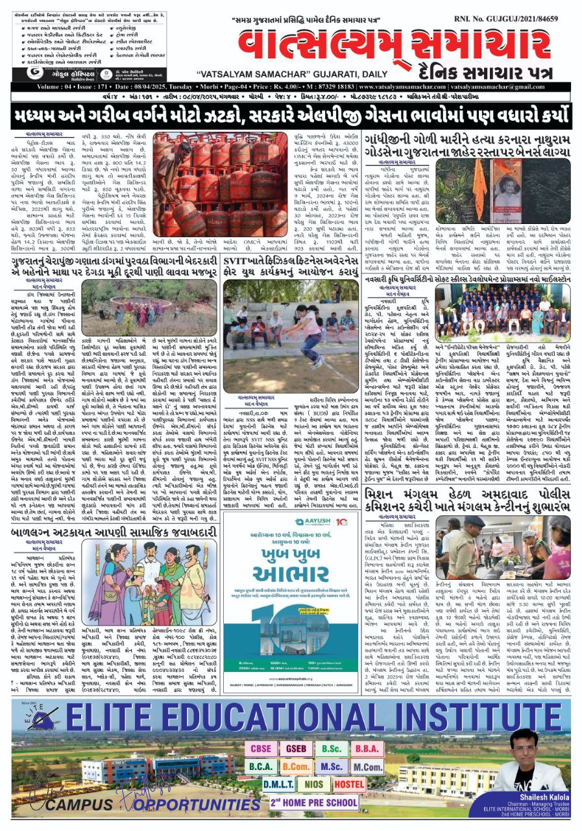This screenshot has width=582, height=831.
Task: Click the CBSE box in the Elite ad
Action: click(x=262, y=749)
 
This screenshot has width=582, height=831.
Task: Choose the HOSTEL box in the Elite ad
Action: click(x=350, y=784)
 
